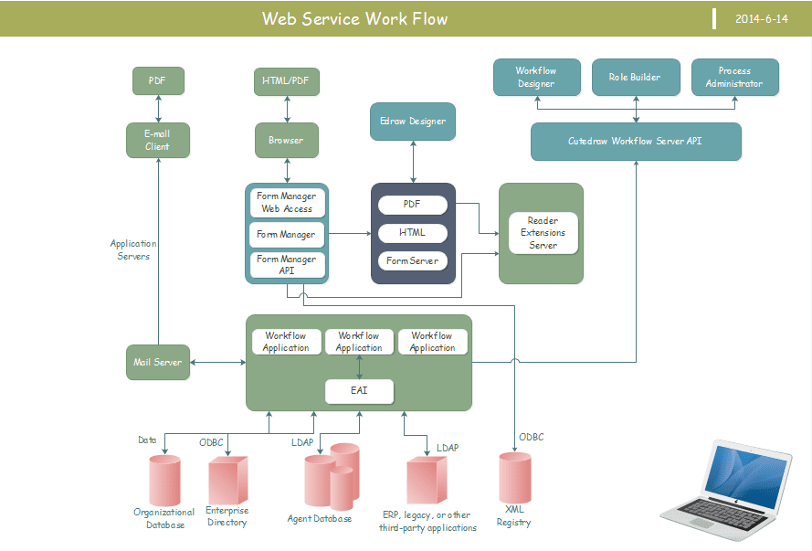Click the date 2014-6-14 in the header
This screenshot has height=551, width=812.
[x=761, y=18]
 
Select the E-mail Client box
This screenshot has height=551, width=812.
[x=157, y=140]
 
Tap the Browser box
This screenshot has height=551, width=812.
[x=286, y=141]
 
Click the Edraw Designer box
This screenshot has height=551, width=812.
[x=412, y=122]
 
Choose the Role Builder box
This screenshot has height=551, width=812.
[x=635, y=78]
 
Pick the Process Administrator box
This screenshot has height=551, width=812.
[x=734, y=78]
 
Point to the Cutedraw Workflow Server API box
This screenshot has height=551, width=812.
[x=635, y=142]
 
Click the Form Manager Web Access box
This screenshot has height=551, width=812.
[x=286, y=202]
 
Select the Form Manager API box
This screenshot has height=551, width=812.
[x=286, y=265]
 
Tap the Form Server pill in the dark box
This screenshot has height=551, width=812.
[x=412, y=261]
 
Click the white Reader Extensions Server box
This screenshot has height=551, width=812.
[x=543, y=233]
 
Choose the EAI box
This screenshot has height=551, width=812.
[x=359, y=391]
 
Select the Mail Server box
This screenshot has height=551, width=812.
[x=157, y=362]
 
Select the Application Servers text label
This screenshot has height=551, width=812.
[x=133, y=249]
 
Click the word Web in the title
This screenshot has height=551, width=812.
[x=279, y=18]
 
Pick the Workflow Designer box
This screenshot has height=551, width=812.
[x=535, y=78]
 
